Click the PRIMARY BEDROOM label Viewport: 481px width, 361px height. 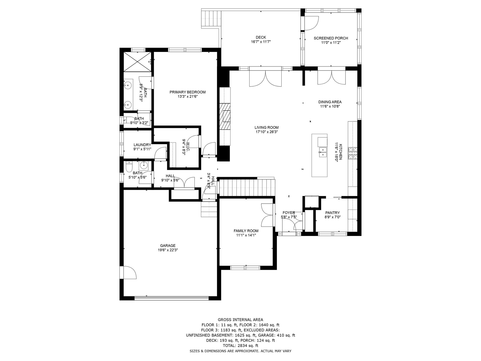(187, 92)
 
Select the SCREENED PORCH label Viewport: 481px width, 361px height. (331, 38)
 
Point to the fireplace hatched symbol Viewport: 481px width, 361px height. (225, 116)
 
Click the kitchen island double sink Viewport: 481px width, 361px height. (322, 152)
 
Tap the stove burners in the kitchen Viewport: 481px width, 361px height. (352, 153)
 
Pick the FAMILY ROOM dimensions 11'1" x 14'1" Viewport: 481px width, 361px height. (246, 235)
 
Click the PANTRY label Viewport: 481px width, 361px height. (332, 213)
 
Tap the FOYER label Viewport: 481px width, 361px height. (289, 213)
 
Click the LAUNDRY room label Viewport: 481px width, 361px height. (142, 145)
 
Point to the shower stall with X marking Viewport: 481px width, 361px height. (138, 62)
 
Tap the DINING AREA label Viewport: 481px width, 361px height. (330, 102)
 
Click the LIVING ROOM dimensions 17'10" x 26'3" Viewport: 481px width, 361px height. (267, 132)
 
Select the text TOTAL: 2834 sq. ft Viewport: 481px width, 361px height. (241, 345)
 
